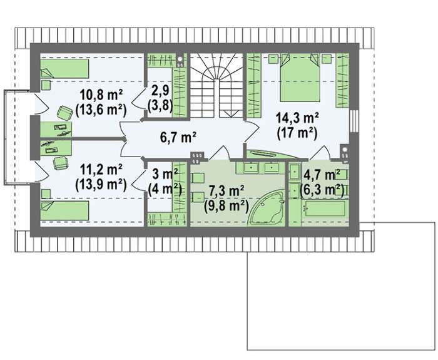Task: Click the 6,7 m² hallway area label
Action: click(x=178, y=138)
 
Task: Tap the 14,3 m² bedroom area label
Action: click(x=297, y=118)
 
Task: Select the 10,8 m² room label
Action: click(x=101, y=95)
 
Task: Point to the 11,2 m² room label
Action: click(x=101, y=170)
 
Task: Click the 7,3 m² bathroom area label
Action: click(x=227, y=191)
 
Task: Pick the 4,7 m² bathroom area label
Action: click(x=322, y=175)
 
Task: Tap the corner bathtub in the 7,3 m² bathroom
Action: click(x=267, y=207)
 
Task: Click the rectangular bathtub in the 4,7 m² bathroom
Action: click(x=325, y=208)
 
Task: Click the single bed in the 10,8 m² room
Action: click(x=65, y=68)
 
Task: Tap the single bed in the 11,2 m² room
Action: click(x=65, y=210)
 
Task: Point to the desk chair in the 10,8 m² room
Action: click(x=64, y=113)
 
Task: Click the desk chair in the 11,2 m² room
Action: click(x=61, y=163)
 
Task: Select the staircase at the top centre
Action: click(x=216, y=86)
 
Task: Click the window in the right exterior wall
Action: click(x=354, y=121)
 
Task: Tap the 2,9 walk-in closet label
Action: click(x=160, y=91)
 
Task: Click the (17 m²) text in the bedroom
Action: click(x=297, y=133)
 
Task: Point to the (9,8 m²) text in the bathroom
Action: click(x=227, y=206)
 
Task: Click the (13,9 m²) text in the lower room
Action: click(x=101, y=185)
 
